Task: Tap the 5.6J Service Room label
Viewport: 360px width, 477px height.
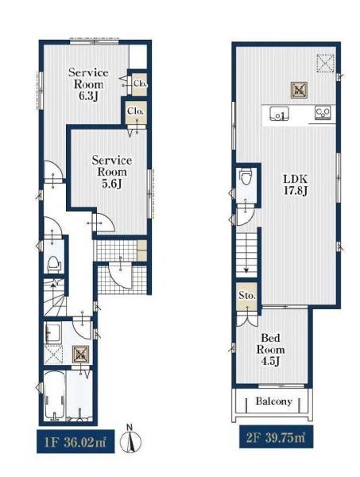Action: (112, 172)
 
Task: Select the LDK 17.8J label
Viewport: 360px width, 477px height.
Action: (296, 185)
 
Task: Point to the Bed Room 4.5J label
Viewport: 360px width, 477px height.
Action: (271, 349)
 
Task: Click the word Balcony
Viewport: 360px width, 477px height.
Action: (273, 401)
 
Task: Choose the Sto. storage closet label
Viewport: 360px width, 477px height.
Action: (247, 296)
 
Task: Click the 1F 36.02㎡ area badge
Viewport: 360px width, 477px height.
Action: (75, 441)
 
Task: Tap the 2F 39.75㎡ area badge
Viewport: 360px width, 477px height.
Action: (276, 437)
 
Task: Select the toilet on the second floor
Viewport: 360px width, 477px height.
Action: (245, 177)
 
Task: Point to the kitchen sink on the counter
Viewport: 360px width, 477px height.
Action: (280, 114)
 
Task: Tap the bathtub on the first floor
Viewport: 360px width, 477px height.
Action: (55, 395)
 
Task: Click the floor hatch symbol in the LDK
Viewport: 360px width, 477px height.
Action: (299, 90)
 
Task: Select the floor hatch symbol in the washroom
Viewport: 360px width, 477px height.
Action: (80, 354)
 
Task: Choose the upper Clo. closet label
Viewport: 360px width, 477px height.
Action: (140, 83)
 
